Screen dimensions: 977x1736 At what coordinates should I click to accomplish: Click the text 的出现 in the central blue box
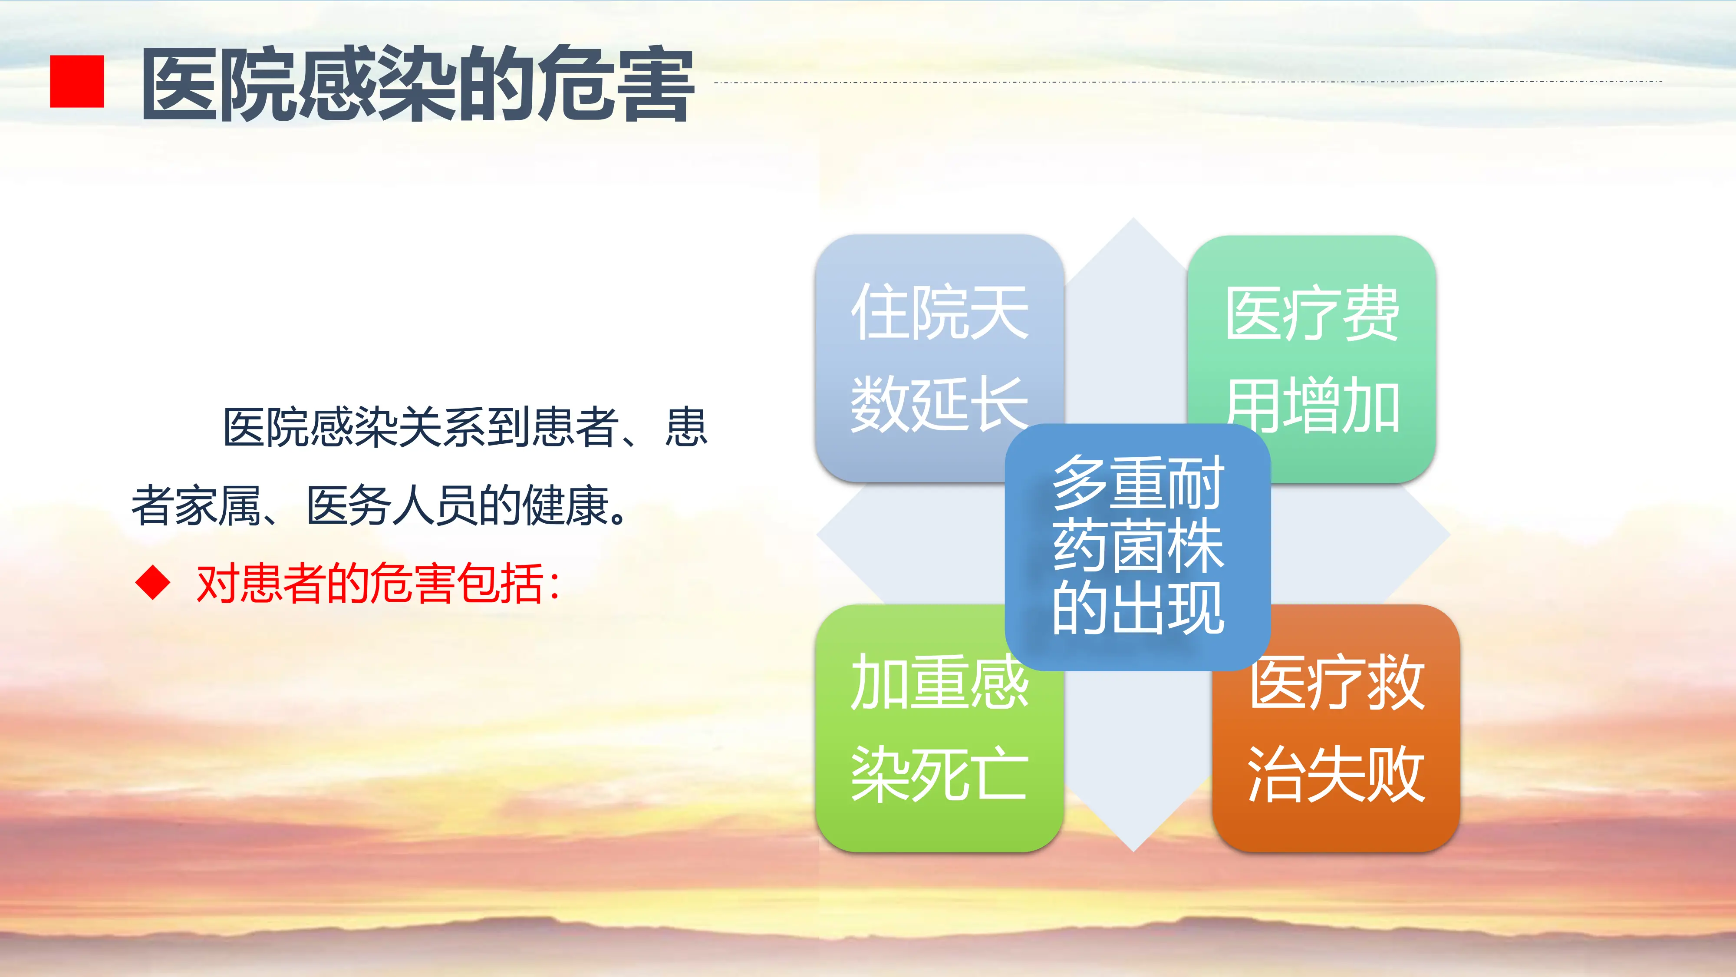point(1137,608)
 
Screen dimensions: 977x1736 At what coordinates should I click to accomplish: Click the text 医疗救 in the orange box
point(1336,683)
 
